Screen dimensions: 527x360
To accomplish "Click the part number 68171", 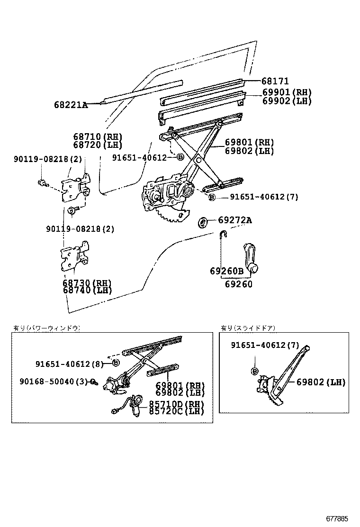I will tap(275, 82).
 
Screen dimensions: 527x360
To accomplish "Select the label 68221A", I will tap(71, 105).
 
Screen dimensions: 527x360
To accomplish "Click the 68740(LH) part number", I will tap(87, 290).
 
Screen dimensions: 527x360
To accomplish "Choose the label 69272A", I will tap(235, 220).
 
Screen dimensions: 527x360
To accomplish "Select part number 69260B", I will tap(226, 271).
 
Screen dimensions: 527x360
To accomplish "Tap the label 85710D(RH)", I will tap(177, 404).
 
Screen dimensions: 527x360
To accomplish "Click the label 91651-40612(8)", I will tap(69, 363).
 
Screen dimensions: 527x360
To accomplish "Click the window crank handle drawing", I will tap(252, 257).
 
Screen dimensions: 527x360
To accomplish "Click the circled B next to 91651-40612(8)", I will tap(115, 363).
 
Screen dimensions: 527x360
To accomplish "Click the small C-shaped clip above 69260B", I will tap(224, 234).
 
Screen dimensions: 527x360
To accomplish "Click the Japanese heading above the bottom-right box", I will tap(248, 327).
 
